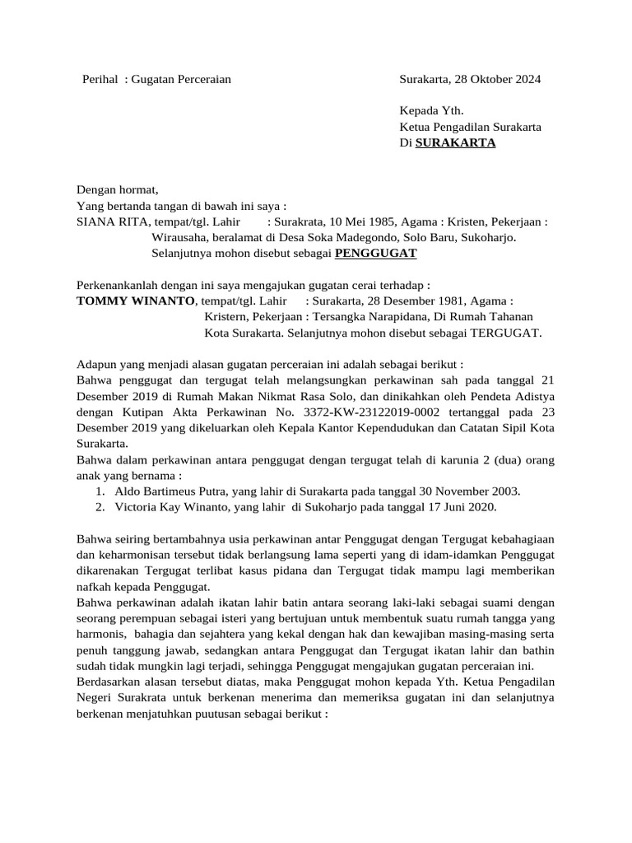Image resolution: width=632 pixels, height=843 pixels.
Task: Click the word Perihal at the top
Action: [101, 80]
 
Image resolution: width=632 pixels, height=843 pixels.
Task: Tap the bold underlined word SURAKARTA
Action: [456, 142]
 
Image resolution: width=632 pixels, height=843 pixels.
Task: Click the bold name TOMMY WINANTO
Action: [137, 301]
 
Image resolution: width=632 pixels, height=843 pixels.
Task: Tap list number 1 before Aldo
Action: [100, 491]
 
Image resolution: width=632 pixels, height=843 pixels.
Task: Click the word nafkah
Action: [95, 587]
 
